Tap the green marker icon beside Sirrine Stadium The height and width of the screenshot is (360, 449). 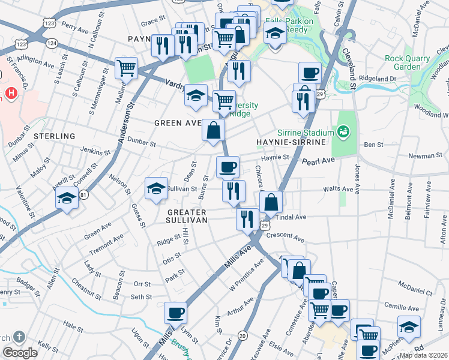pos(343,131)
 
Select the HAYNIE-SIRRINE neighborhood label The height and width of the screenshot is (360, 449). pos(291,142)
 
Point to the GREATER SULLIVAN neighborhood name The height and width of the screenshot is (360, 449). pos(187,216)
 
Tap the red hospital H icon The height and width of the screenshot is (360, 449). pos(10,93)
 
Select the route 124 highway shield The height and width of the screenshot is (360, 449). pos(52,43)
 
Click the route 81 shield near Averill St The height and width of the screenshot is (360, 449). pos(84,195)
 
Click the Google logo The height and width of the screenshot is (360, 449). pos(20,353)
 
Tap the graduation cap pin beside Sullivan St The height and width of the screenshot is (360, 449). pos(156,188)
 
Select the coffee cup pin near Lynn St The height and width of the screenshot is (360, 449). pos(176,313)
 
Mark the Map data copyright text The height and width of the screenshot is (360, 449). pos(423,355)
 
